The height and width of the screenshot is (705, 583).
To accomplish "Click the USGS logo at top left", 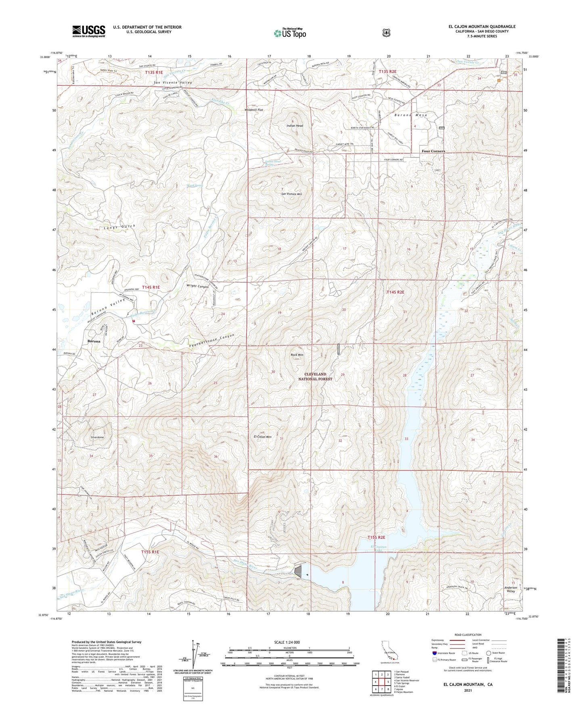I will click(89, 31).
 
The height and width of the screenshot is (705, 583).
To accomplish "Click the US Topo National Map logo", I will click(290, 33).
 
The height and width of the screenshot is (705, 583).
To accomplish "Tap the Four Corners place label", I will click(433, 151).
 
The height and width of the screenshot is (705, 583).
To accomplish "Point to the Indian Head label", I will click(295, 126).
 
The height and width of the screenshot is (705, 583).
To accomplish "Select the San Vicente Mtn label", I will click(291, 194).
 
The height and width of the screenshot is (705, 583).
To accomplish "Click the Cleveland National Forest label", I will click(315, 377).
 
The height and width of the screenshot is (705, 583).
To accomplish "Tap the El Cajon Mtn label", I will click(263, 437).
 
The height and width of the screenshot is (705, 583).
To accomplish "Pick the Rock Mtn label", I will click(297, 355).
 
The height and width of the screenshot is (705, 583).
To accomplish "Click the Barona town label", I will click(94, 341).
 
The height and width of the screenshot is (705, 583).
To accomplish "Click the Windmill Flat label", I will click(254, 110).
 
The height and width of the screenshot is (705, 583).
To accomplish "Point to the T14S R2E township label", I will click(395, 292).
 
